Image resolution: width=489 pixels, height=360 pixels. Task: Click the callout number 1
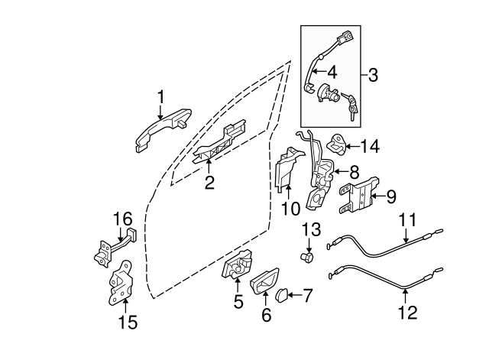coord(161,96)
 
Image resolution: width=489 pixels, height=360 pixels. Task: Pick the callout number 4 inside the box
coord(332,72)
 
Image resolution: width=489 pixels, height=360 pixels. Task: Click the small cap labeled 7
coord(280,294)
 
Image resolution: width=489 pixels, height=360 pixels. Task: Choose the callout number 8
coord(354,173)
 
